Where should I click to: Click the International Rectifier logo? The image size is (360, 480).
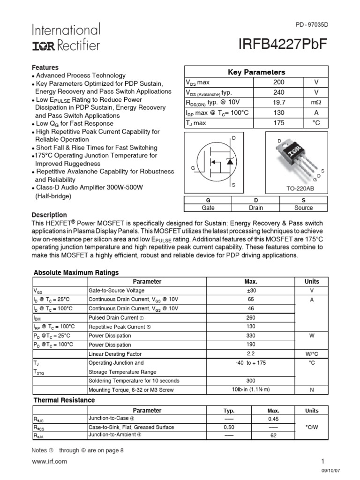(x=66, y=37)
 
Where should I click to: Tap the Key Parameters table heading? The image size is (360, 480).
(x=256, y=72)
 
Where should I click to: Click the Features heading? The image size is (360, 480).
(x=45, y=67)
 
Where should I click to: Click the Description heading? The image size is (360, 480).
(x=49, y=215)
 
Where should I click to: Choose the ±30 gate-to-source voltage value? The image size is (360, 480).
(x=251, y=291)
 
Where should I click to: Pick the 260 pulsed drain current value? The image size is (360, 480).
(x=251, y=318)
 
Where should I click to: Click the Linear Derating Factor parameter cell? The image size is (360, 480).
(x=115, y=354)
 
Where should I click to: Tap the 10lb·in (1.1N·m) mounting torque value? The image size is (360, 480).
(x=251, y=390)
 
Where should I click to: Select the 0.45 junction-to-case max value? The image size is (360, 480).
(x=273, y=419)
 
